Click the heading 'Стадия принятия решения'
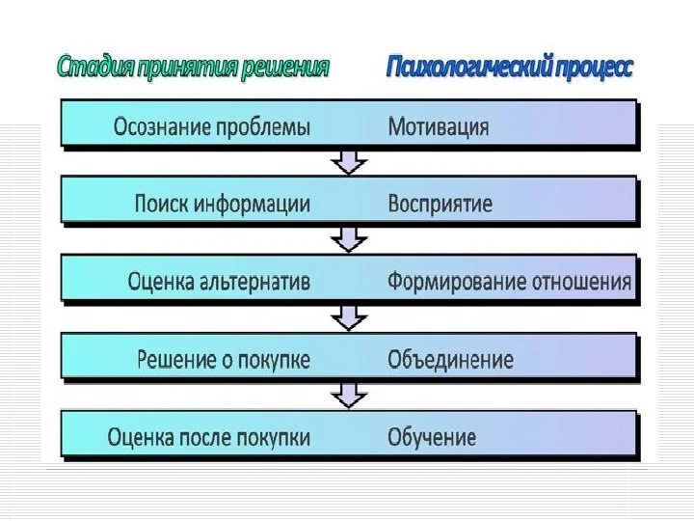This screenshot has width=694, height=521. point(193,68)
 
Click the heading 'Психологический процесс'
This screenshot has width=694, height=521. point(510,68)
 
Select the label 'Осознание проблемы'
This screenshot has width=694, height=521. point(212,126)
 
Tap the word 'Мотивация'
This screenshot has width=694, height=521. point(439,126)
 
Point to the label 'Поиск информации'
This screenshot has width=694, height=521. point(223,204)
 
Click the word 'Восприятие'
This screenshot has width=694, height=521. point(440,204)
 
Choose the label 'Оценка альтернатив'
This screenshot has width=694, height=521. point(219,282)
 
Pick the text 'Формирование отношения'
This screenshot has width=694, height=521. point(510,282)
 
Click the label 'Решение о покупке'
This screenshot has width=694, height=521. point(224,360)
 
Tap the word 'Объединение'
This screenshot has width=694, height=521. point(450,360)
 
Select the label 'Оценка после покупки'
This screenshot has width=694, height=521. point(209,437)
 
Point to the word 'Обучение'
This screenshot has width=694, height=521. point(432,437)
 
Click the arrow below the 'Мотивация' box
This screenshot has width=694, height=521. point(349,161)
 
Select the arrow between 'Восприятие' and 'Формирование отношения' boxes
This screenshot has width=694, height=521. point(349,238)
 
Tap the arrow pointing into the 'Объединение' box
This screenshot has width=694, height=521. point(349,316)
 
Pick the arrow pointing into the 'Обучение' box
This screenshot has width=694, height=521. point(349,394)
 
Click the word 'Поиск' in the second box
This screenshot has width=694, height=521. point(160,204)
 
